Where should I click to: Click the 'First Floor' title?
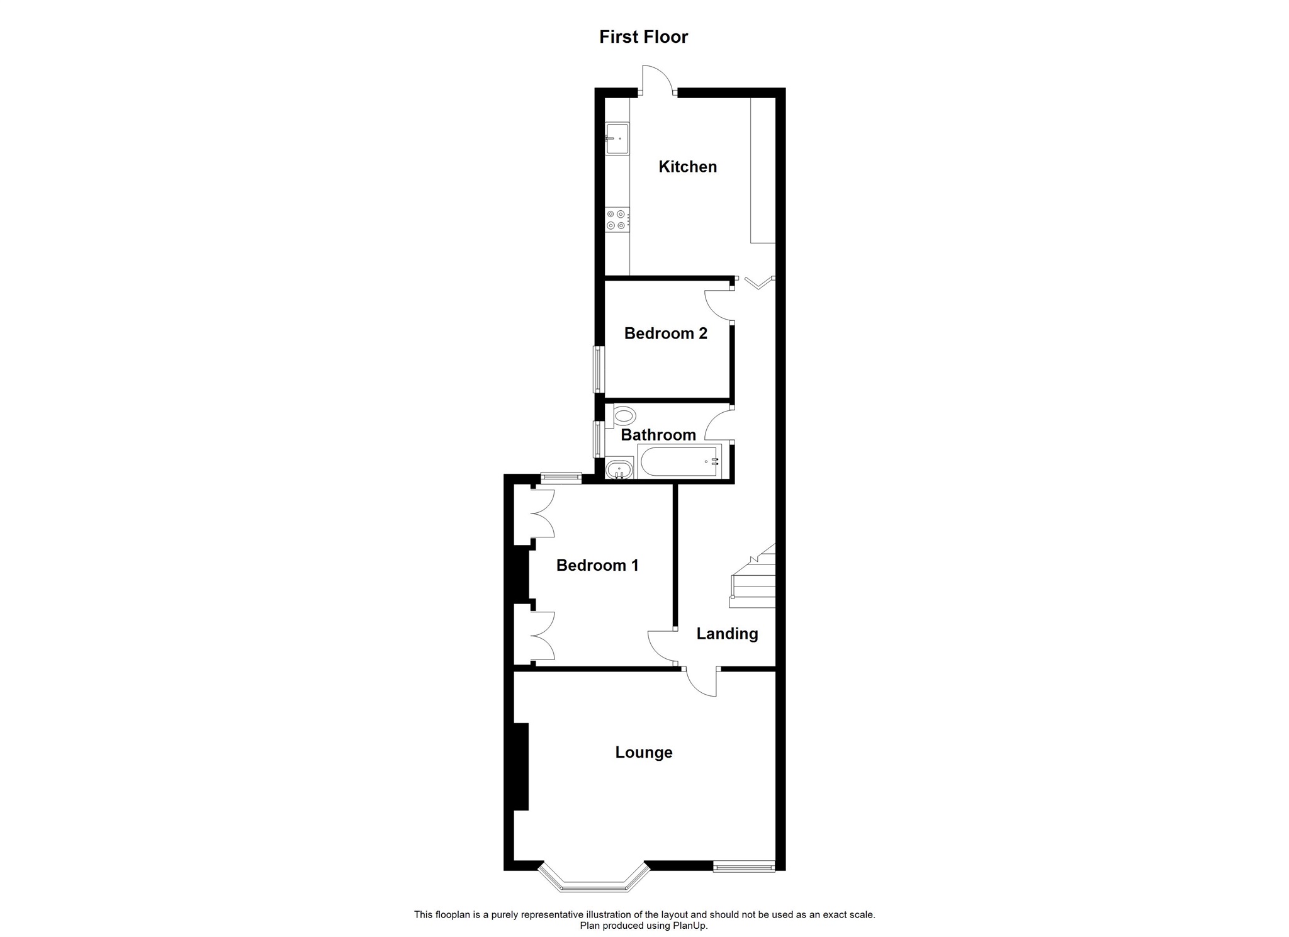(x=643, y=37)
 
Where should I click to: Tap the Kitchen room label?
(x=687, y=167)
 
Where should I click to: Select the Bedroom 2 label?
(x=665, y=334)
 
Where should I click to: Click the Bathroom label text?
(x=658, y=435)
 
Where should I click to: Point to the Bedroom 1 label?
(x=597, y=566)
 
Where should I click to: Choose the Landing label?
(x=727, y=634)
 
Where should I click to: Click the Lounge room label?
(x=644, y=753)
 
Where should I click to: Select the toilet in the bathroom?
(x=623, y=416)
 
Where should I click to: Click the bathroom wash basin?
(x=617, y=469)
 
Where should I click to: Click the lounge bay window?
(x=594, y=881)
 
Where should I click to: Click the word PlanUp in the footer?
(x=692, y=926)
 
